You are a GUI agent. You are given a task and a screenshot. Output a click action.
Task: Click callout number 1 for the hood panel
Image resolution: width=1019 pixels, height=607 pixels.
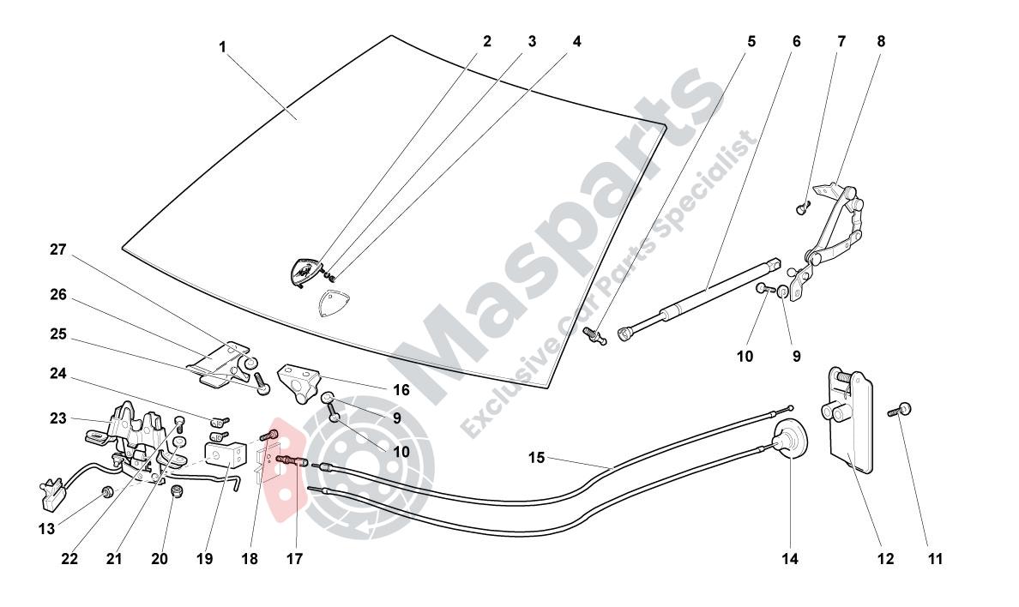(222, 47)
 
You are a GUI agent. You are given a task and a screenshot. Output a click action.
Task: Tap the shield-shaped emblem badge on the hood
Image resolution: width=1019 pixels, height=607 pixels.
(304, 271)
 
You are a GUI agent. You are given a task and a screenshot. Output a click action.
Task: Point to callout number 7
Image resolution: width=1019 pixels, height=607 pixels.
(841, 42)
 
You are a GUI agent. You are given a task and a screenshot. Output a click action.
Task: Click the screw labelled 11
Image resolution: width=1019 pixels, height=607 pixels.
(900, 410)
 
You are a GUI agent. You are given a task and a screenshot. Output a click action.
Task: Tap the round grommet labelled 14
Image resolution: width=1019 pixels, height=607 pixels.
(788, 439)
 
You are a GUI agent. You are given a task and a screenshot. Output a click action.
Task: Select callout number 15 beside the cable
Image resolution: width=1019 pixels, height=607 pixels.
(536, 458)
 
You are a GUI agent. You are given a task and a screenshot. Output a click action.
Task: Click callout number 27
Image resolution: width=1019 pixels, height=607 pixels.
(58, 249)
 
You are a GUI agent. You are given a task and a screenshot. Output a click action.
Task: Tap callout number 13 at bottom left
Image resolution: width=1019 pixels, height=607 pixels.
(47, 529)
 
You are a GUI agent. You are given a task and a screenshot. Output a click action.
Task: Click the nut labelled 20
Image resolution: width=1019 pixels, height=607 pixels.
(176, 493)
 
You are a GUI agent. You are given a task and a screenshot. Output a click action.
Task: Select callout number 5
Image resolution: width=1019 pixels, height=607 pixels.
(752, 42)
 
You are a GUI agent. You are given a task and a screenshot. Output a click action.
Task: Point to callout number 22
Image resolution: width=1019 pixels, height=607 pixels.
(69, 558)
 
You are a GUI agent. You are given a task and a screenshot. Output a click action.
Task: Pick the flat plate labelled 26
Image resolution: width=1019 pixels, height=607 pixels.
(214, 358)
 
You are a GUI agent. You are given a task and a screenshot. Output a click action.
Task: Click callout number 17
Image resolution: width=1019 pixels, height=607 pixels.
(294, 558)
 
